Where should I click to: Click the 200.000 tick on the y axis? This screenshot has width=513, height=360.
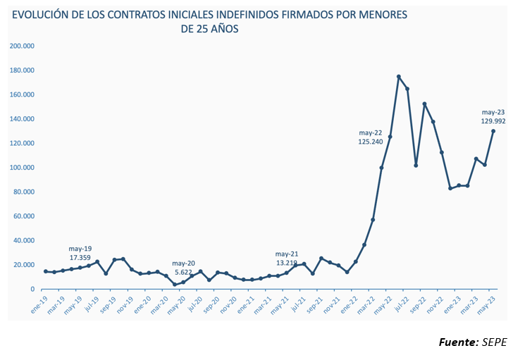(25, 46)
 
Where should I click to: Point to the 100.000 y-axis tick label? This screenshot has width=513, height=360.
(25, 168)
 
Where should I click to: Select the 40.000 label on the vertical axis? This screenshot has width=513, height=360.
(26, 240)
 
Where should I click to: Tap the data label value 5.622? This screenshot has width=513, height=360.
(183, 273)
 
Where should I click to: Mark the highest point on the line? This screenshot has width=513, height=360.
(399, 77)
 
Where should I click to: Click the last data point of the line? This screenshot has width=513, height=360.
(493, 131)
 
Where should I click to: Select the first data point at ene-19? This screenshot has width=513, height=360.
(46, 271)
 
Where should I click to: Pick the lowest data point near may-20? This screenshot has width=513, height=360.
(175, 285)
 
